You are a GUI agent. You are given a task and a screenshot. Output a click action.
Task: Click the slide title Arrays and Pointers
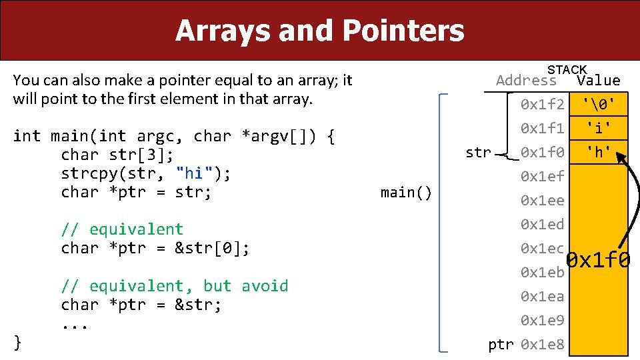(319, 31)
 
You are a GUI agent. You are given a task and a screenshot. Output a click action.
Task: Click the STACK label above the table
(567, 69)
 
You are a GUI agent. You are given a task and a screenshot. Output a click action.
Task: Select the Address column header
(526, 81)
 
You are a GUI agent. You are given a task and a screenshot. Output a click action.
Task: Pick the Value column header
(598, 81)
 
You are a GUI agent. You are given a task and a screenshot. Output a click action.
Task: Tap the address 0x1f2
(543, 105)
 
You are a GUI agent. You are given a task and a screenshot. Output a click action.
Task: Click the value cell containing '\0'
(598, 104)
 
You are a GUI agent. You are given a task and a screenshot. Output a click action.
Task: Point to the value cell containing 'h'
(598, 153)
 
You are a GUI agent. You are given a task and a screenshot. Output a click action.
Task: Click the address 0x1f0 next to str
(543, 153)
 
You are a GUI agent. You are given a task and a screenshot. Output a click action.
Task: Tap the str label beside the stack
(478, 153)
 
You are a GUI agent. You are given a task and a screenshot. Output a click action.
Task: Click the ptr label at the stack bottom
(501, 345)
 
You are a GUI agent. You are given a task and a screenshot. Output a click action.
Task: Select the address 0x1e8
(543, 345)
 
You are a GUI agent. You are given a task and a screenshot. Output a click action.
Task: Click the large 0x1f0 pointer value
(598, 260)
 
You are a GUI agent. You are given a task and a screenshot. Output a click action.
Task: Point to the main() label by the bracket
(406, 193)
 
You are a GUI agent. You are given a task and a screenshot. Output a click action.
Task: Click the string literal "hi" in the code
(194, 174)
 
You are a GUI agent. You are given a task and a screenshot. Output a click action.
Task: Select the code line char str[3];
(117, 155)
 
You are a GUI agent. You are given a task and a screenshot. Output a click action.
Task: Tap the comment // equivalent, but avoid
(175, 286)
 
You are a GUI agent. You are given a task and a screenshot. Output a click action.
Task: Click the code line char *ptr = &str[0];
(155, 248)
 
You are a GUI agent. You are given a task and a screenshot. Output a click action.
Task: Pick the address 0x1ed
(543, 225)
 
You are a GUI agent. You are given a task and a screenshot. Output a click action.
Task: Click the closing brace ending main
(18, 343)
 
